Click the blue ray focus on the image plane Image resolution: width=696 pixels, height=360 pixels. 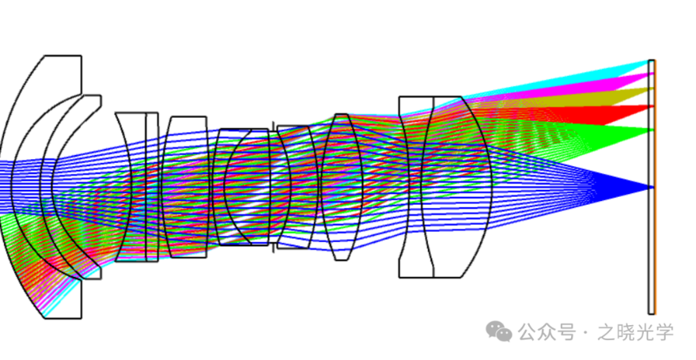pos(652,187)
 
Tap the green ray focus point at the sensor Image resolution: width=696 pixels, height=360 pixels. pos(652,130)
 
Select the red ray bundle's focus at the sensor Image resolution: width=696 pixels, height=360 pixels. pos(652,106)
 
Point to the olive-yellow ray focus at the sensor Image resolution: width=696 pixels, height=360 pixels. pos(652,89)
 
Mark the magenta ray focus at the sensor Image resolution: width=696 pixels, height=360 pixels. pos(652,74)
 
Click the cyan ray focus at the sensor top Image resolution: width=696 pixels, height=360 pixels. pos(651,61)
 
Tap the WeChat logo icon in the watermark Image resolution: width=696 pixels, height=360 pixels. pos(499,332)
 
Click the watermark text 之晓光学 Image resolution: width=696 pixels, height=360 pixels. pos(636,332)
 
